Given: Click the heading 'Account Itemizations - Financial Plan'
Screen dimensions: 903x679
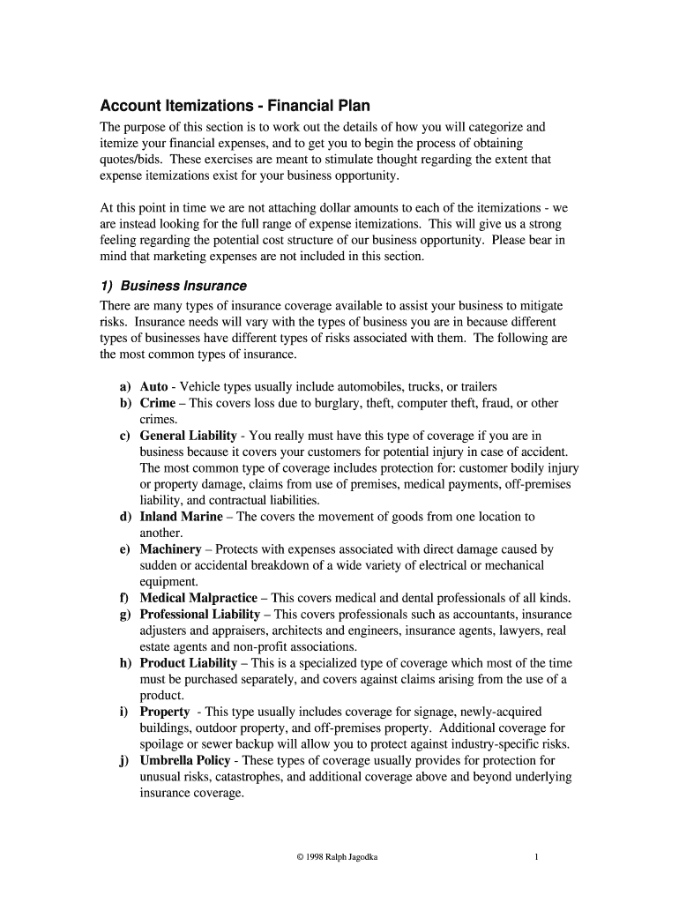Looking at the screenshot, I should click(x=234, y=106).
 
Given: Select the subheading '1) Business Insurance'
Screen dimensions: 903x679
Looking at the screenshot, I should click(x=174, y=286).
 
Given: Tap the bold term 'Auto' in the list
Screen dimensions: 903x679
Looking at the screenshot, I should click(x=153, y=387).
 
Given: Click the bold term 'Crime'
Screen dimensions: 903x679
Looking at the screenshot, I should click(x=157, y=403).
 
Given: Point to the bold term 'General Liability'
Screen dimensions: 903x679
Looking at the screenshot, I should click(x=188, y=436).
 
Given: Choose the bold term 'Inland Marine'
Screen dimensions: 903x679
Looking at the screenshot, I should click(x=181, y=517).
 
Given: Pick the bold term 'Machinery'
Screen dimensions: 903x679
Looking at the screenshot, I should click(x=170, y=549).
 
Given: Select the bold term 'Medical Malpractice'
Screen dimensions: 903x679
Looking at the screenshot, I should click(x=198, y=598).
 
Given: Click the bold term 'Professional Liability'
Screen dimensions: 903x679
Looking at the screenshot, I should click(x=199, y=614).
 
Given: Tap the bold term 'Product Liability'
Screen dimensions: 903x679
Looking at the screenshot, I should click(x=188, y=663).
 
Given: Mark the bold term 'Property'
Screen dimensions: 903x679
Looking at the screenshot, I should click(x=165, y=712).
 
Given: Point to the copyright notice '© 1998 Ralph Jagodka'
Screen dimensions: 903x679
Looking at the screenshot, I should click(x=339, y=857).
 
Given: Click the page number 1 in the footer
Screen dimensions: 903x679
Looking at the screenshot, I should click(x=536, y=857).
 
